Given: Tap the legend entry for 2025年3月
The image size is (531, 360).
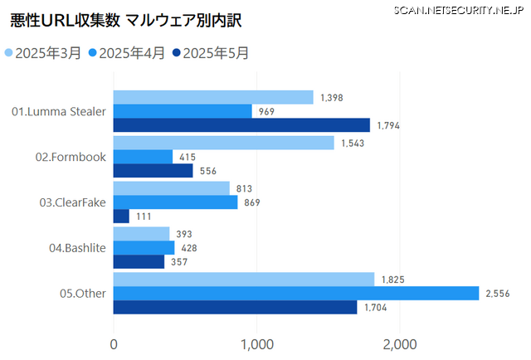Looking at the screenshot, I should click(48, 53).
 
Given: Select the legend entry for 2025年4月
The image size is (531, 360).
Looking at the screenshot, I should click(132, 53).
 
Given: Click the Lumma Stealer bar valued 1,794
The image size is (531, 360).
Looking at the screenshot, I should click(241, 125).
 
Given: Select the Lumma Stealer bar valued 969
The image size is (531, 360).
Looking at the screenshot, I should click(183, 111).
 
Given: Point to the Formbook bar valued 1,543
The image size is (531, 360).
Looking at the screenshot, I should click(223, 143).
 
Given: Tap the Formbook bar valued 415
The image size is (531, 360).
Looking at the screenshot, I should click(143, 157).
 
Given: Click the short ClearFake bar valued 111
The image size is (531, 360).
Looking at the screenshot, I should click(121, 216).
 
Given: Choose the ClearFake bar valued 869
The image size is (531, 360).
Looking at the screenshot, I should click(175, 202).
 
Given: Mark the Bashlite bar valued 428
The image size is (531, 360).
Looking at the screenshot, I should click(144, 247).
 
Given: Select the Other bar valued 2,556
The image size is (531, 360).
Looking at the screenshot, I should click(296, 293).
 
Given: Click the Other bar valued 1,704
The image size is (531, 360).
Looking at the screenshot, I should click(235, 307).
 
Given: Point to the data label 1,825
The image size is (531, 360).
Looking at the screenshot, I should click(393, 280).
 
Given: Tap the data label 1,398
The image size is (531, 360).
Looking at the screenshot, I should click(332, 98).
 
